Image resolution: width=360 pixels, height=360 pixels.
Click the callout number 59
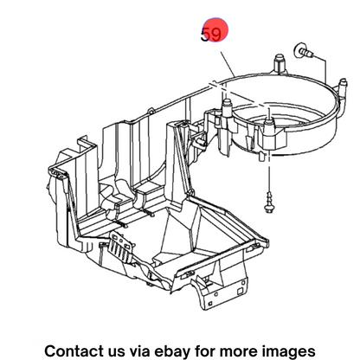coord(211,35)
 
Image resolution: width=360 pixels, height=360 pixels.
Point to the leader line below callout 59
coord(228,64)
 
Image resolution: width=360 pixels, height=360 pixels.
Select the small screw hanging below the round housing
coord(269,202)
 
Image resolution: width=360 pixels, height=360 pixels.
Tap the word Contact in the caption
coord(74,351)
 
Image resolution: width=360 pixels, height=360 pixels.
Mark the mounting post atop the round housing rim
coord(280,64)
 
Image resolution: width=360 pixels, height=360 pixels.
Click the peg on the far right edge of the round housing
coord(342,86)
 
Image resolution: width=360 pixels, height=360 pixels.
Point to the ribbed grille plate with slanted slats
coord(122,247)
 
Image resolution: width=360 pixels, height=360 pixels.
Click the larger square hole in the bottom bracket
coord(241,292)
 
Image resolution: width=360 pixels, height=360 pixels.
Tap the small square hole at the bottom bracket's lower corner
coord(210,304)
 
